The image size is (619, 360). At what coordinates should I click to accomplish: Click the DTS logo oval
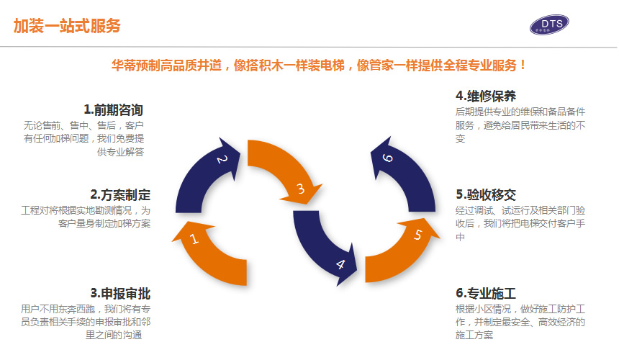click(x=549, y=25)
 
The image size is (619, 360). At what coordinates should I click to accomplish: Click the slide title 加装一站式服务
click(x=67, y=26)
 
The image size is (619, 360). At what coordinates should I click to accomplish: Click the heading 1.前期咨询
click(x=113, y=110)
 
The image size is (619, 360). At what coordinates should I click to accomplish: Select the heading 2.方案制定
click(x=120, y=194)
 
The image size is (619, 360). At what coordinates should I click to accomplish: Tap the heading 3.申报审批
click(x=120, y=293)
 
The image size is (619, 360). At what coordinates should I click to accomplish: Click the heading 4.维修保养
click(x=486, y=96)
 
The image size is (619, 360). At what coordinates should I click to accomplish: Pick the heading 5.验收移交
click(x=486, y=194)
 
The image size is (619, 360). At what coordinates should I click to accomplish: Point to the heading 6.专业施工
click(x=486, y=293)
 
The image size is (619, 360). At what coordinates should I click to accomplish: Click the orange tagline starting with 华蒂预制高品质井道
click(x=320, y=65)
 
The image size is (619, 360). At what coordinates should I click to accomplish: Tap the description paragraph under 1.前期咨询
click(x=84, y=138)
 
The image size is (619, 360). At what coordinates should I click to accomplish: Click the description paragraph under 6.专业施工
click(x=520, y=322)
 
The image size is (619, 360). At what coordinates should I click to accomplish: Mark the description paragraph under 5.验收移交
click(x=520, y=223)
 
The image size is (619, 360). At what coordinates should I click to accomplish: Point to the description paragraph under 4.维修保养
click(x=520, y=125)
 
